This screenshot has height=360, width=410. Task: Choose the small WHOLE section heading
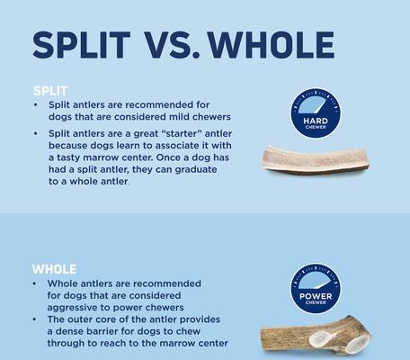pos(54,268)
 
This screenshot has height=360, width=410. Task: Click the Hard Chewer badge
pos(315,112)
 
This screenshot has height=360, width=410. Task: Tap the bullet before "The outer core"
pos(36,319)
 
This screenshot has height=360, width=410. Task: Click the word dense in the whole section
pos(76,330)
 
